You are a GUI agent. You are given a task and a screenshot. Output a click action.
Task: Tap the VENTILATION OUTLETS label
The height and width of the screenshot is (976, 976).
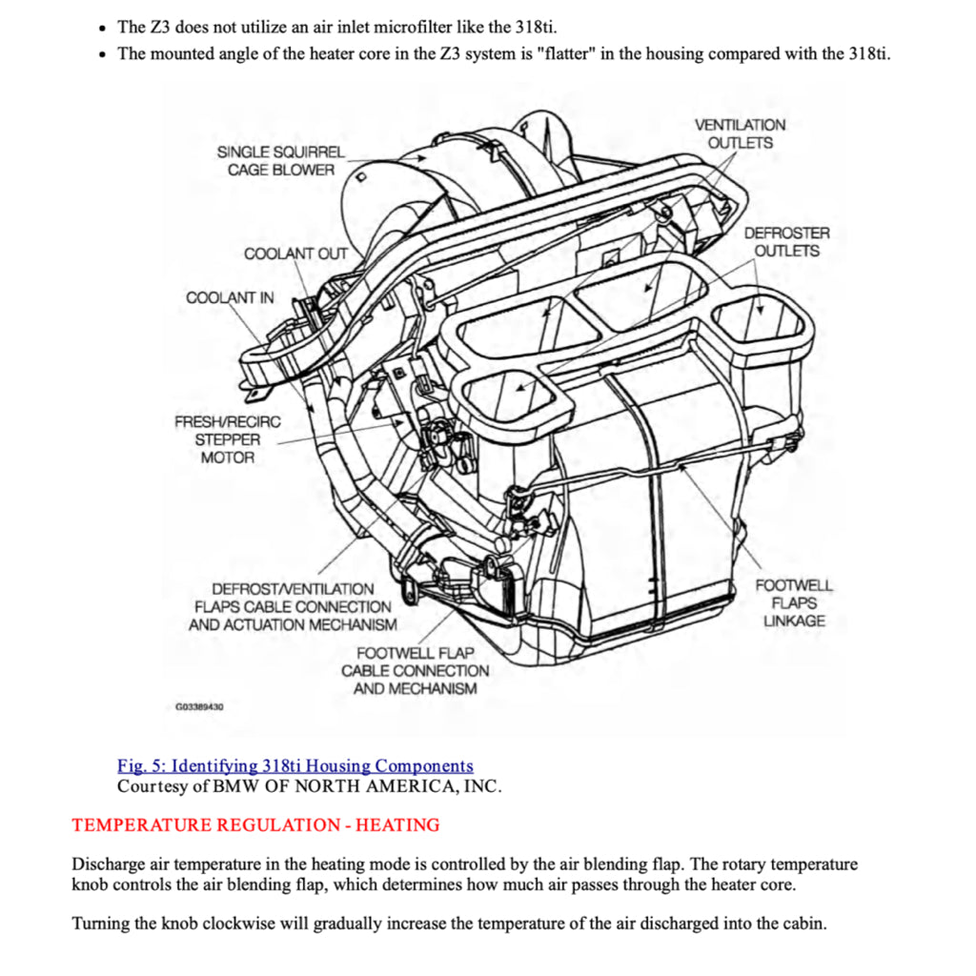[x=740, y=134]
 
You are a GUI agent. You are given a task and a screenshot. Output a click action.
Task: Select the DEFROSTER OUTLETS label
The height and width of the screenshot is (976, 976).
[x=786, y=242]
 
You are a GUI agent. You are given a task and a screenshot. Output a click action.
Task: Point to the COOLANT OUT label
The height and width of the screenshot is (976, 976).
[x=295, y=254]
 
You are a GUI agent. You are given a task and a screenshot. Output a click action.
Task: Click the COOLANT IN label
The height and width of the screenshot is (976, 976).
[x=230, y=297]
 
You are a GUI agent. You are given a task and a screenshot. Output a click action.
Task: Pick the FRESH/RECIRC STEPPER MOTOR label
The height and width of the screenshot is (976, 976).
[x=228, y=439]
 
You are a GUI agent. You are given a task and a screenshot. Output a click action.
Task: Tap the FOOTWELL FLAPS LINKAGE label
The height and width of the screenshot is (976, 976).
[x=794, y=603]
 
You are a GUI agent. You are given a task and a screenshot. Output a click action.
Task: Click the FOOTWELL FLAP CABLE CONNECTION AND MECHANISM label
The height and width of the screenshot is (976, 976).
[x=415, y=670]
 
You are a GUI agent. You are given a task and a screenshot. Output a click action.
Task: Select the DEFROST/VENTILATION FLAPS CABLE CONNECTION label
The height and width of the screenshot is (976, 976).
[x=293, y=606]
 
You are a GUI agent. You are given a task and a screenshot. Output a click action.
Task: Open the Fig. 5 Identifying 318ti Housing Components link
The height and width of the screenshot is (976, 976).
[x=295, y=766]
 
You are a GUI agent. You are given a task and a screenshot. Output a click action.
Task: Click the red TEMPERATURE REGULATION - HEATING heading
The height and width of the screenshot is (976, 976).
[x=255, y=825]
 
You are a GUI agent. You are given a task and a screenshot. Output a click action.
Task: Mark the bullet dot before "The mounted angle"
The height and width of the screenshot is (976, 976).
[x=103, y=53]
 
